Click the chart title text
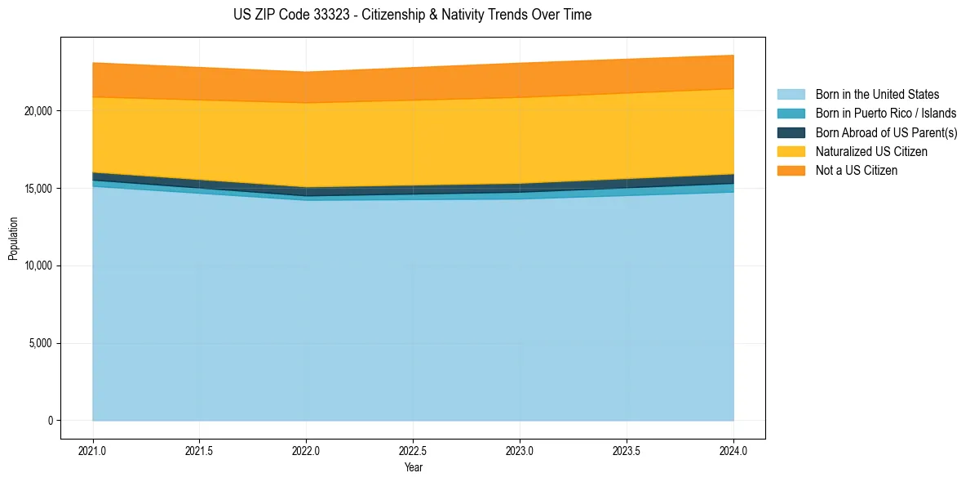413,15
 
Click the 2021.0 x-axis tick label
93,452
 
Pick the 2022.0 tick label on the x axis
306,452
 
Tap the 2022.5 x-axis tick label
414,452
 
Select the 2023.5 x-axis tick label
627,452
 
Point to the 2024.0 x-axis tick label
733,452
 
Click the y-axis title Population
12,239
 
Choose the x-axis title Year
414,467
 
